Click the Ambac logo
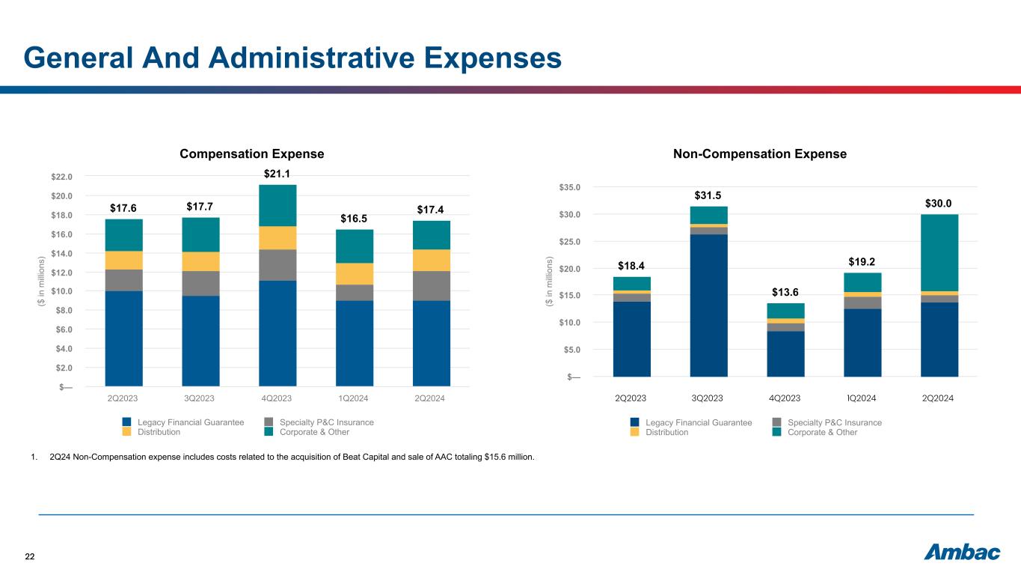[x=962, y=553]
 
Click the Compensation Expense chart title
[x=252, y=153]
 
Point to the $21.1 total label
[x=278, y=174]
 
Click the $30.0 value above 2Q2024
[x=939, y=203]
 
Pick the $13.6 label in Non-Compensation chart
[x=785, y=291]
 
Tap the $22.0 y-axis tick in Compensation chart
[x=61, y=177]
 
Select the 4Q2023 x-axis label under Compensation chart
[x=278, y=398]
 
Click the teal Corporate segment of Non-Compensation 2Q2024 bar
[x=939, y=252]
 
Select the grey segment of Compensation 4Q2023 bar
[x=278, y=265]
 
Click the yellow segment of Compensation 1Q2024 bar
[x=355, y=273]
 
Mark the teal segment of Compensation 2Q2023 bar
[x=124, y=235]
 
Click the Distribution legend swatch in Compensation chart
[x=127, y=432]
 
